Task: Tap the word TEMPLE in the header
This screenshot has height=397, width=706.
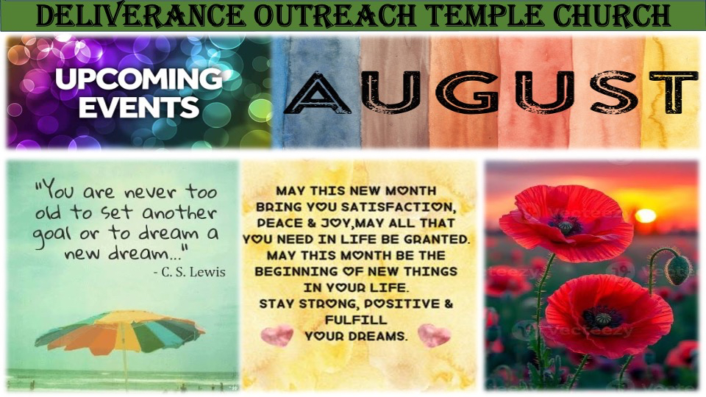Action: pos(485,15)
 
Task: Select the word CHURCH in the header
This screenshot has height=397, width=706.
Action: pos(611,15)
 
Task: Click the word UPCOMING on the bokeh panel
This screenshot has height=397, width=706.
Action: pos(139,79)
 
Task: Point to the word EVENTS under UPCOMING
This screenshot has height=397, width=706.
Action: pos(139,108)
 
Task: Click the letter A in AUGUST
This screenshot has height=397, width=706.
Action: pos(317,93)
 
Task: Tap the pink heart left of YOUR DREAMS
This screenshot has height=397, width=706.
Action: pos(277,335)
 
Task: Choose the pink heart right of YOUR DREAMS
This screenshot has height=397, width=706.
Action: pos(434,335)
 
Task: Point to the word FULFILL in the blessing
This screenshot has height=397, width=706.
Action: pos(356,320)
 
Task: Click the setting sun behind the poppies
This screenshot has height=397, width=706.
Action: pos(646,216)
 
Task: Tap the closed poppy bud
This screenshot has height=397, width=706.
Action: pos(677,270)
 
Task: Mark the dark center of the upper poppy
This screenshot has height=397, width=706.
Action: pos(565,224)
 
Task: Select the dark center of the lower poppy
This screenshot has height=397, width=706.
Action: pos(602,318)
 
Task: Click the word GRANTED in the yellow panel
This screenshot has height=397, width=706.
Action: pos(436,240)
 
